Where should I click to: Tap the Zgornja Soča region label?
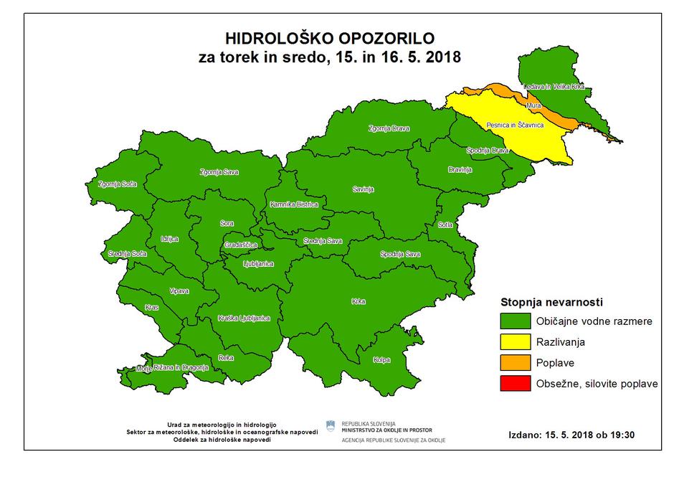tap(118, 184)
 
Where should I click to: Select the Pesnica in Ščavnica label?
tap(515, 125)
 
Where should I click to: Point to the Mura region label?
tap(533, 106)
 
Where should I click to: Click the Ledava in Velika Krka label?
tap(554, 86)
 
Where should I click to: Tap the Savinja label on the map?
tap(363, 189)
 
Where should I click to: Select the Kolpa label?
tap(381, 360)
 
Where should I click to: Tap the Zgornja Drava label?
tap(389, 128)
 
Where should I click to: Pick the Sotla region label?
tap(446, 225)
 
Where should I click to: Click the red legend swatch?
tap(515, 384)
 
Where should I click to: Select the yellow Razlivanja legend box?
tap(515, 341)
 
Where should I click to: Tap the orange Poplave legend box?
tap(515, 362)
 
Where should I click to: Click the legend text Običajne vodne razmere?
tap(594, 321)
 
